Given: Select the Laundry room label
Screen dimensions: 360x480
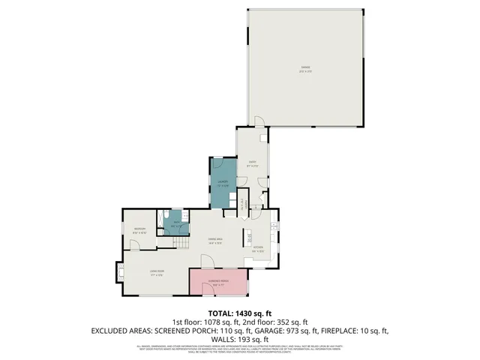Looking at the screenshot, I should [223, 183].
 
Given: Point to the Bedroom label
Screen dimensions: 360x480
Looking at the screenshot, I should [139, 230].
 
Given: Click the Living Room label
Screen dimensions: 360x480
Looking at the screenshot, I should [157, 272].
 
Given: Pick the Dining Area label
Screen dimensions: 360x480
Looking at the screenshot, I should [216, 240].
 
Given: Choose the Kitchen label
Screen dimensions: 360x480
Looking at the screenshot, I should [257, 248].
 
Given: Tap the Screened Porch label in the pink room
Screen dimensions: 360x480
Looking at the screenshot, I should [220, 283].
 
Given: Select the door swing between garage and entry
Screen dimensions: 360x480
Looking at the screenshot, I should [258, 122].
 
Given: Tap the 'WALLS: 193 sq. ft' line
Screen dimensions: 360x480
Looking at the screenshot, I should [240, 339].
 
